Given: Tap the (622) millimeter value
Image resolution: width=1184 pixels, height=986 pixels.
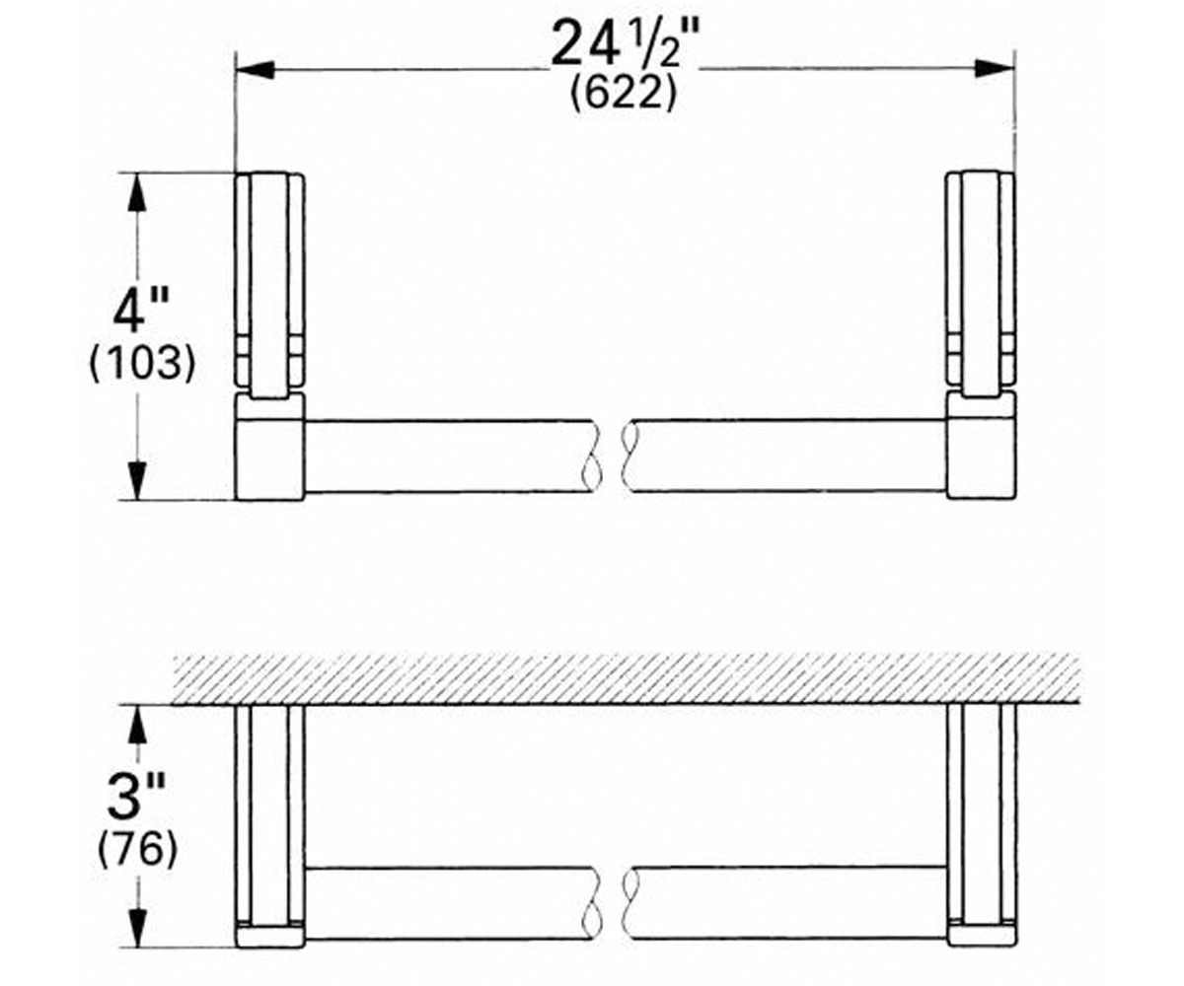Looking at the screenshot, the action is (x=624, y=93).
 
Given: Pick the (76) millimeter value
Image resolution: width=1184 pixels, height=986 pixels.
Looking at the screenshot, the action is (x=138, y=848).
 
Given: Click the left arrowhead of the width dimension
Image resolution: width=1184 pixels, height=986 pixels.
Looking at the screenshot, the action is (x=256, y=70).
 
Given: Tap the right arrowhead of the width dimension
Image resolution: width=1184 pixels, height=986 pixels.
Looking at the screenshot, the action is (x=994, y=69).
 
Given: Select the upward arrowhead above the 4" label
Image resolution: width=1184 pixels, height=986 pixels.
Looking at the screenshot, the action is (x=137, y=192).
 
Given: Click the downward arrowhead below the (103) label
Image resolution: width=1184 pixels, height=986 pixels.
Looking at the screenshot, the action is (x=137, y=481).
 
